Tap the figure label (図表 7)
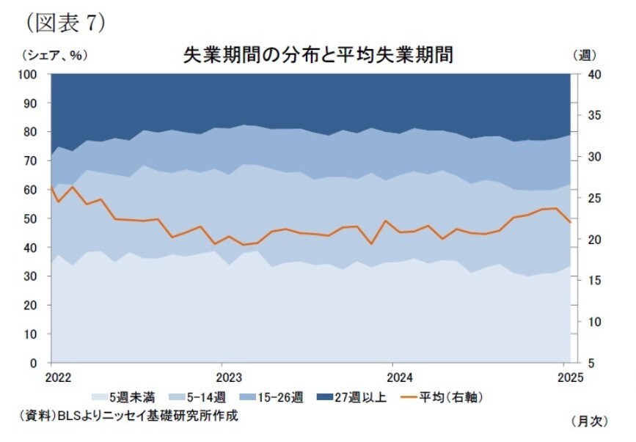tap(65, 23)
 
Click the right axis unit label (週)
tap(584, 55)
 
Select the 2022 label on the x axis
tap(58, 377)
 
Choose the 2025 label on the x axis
tap(569, 377)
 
